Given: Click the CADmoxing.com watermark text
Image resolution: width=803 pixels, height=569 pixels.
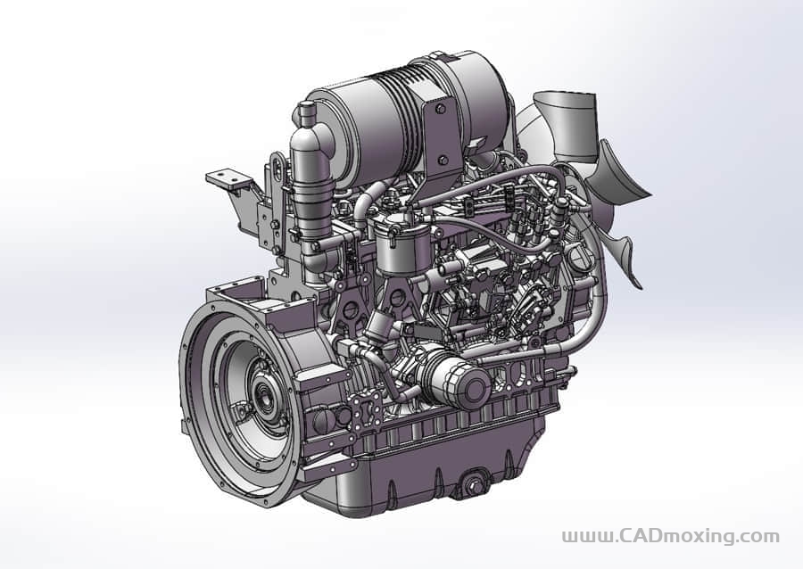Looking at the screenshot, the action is pos(670,536).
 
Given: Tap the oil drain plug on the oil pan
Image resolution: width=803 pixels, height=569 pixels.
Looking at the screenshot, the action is pos(475,484).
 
